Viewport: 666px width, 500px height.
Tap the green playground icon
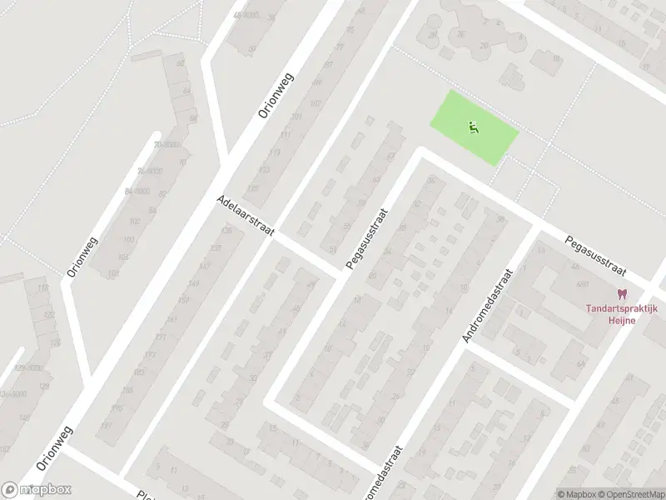pos(472,127)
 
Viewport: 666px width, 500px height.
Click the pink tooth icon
pos(620,293)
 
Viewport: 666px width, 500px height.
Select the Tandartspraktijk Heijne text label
pos(621,313)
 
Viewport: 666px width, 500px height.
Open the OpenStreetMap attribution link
pos(630,494)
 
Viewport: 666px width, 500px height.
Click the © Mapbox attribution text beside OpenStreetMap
pos(576,494)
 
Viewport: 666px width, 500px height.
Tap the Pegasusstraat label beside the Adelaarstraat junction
pos(367,237)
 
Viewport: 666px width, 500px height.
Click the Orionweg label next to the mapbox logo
pos(55,449)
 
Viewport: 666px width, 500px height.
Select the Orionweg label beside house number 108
pos(82,256)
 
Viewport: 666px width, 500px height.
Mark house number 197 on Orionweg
pos(106,426)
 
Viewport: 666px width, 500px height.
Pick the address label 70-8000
pos(167,144)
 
